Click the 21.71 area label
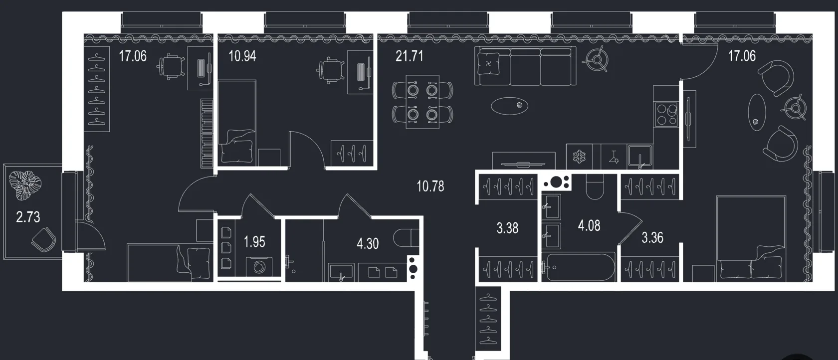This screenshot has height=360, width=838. (x=409, y=56)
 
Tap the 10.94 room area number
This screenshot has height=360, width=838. (x=242, y=56)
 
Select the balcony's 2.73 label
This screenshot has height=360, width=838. (x=28, y=217)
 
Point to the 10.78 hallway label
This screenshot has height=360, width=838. (x=430, y=186)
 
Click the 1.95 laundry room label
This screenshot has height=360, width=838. (x=254, y=242)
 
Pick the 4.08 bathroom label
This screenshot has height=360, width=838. (x=589, y=226)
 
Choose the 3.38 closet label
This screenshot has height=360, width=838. (x=507, y=228)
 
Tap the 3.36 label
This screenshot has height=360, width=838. (x=652, y=237)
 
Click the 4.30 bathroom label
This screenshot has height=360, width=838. (x=368, y=244)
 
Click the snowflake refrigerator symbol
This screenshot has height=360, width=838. (x=579, y=156)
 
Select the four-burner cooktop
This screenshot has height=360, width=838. (x=666, y=115)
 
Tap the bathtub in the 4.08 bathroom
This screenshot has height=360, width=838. (x=579, y=267)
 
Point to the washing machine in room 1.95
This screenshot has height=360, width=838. (x=259, y=267)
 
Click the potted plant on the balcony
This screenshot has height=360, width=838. (x=25, y=185)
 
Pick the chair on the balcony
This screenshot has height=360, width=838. (x=44, y=239)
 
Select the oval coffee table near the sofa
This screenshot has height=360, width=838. (x=510, y=106)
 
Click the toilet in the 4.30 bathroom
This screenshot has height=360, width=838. (x=406, y=238)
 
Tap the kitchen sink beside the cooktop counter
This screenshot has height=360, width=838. (x=640, y=156)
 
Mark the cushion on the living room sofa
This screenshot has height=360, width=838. (x=488, y=64)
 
